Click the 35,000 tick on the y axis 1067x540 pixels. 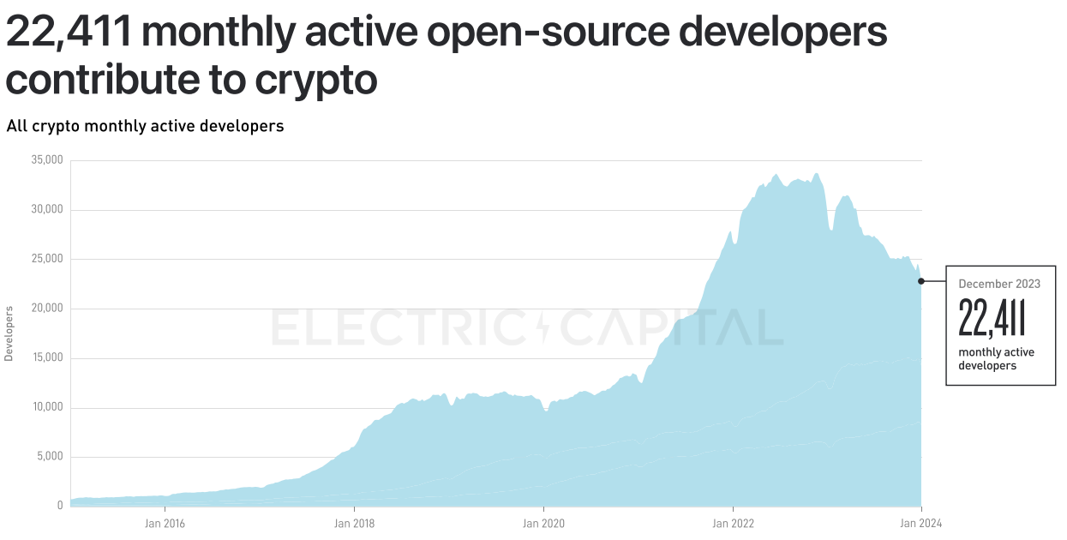click(48, 160)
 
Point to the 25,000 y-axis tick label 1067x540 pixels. click(48, 259)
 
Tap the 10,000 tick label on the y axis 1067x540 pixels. click(48, 407)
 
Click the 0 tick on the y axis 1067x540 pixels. click(60, 506)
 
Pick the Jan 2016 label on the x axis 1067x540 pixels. click(165, 522)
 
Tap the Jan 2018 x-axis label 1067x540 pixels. click(354, 522)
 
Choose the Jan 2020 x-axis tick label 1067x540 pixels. click(543, 522)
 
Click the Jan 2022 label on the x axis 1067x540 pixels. click(733, 522)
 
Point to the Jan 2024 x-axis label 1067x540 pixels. click(921, 522)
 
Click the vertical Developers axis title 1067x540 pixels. click(9, 333)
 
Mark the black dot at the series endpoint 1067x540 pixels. click(921, 281)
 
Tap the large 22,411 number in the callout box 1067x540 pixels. click(992, 318)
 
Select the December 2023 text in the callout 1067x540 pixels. click(999, 284)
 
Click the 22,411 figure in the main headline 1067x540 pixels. click(68, 33)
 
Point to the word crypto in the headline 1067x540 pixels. click(316, 80)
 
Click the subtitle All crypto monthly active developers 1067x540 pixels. click(145, 126)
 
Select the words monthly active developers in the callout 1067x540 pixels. click(996, 359)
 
